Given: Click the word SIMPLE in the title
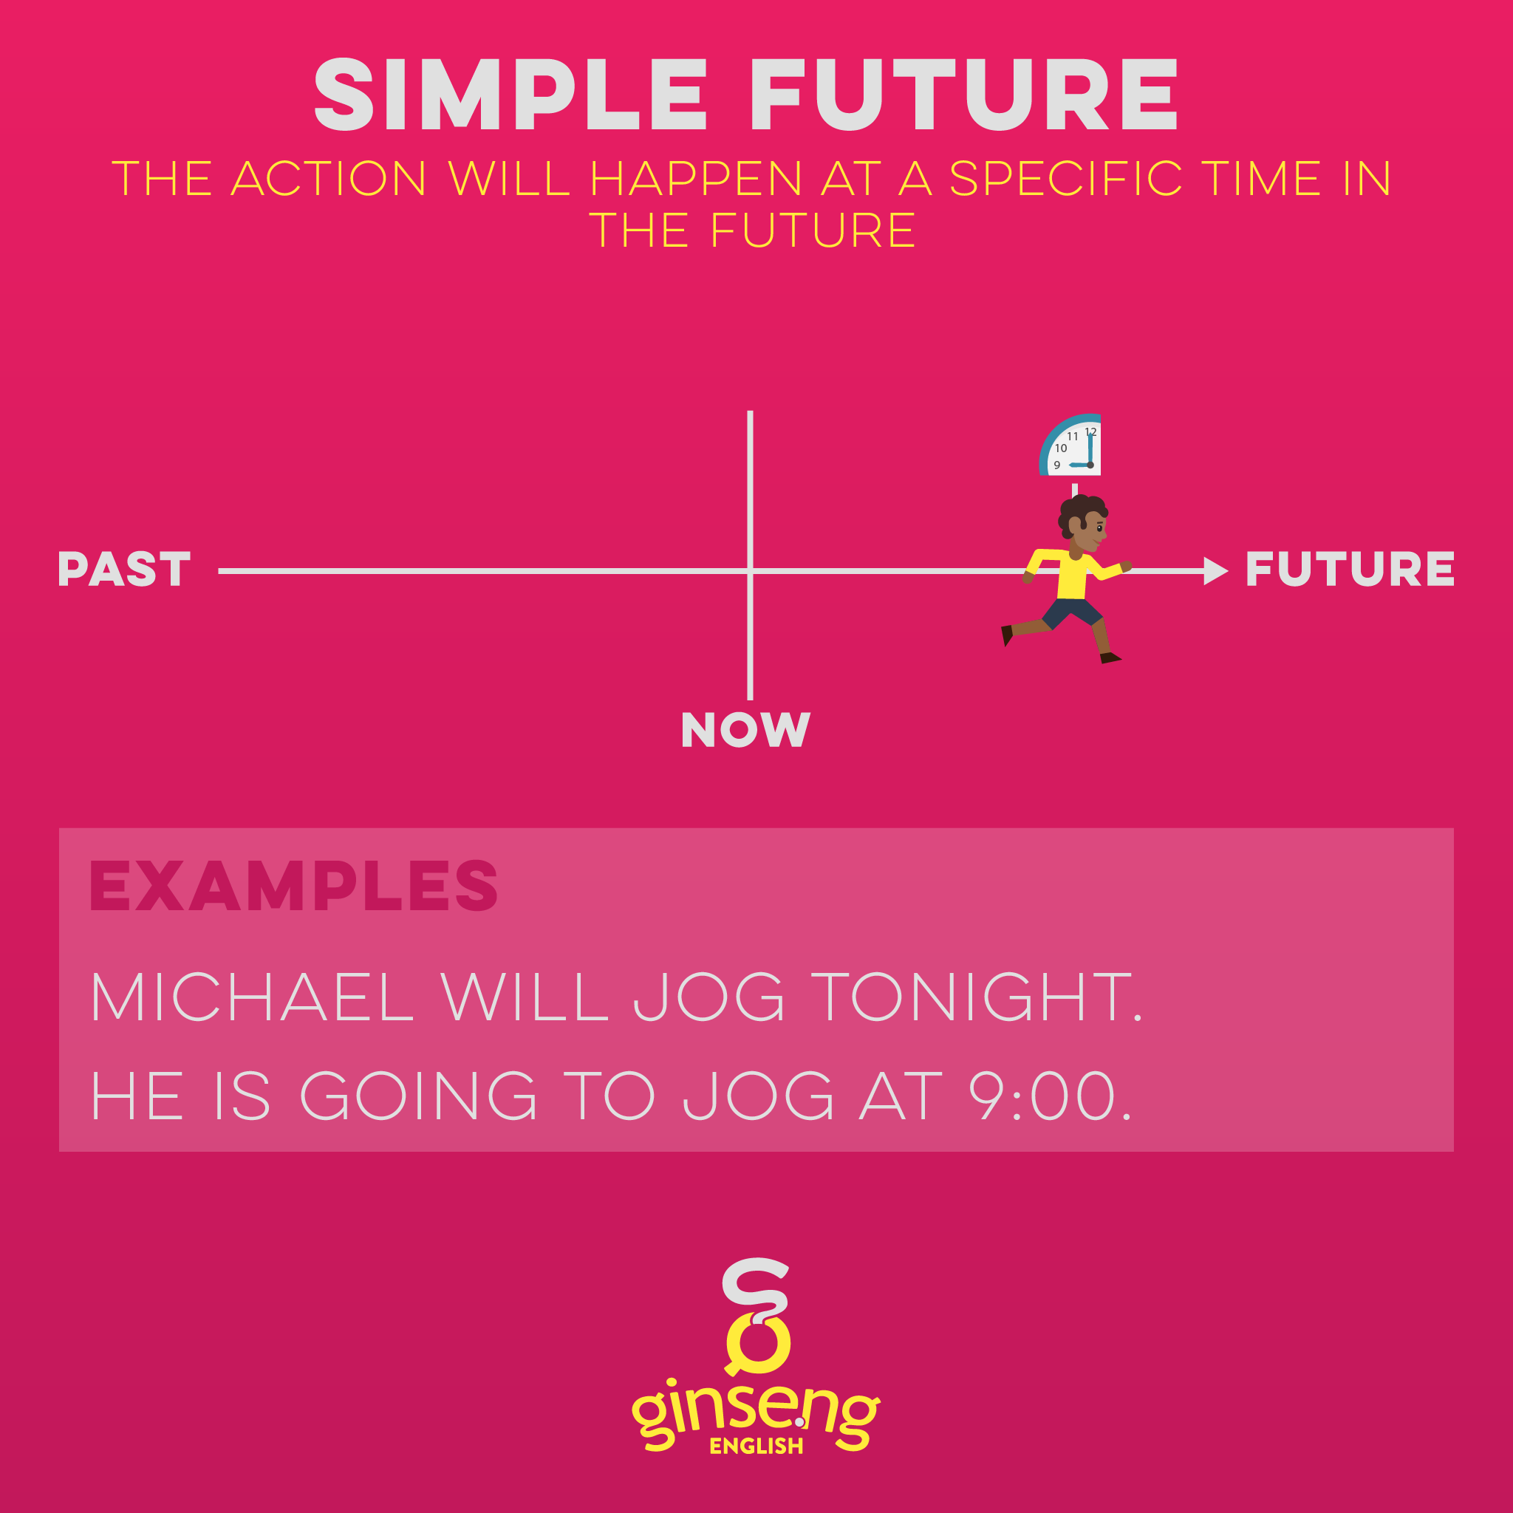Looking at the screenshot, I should (x=510, y=95).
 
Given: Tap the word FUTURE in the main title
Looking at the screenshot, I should (x=963, y=95).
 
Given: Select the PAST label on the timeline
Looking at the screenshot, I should (x=123, y=570).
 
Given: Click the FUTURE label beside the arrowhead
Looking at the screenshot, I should (x=1349, y=570).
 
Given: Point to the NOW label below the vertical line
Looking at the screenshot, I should (x=745, y=730).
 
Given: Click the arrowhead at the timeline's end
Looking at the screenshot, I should (x=1215, y=572).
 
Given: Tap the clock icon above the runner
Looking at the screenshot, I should (x=1070, y=445).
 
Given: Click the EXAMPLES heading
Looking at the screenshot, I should (x=294, y=886).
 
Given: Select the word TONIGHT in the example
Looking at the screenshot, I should (x=975, y=997).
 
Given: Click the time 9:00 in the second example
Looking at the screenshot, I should (x=1049, y=1096).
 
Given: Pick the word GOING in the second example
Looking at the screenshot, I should (x=419, y=1096).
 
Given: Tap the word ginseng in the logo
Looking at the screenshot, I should (x=756, y=1417).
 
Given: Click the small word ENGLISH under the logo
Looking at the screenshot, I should (x=756, y=1446).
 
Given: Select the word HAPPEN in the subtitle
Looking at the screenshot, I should (x=696, y=179).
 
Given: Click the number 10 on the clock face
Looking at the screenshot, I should (x=1060, y=448).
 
